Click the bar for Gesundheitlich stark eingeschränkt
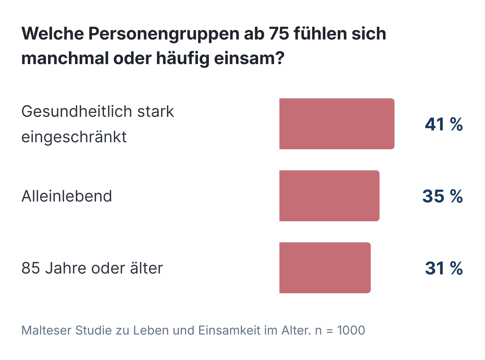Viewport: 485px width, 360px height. coord(337,124)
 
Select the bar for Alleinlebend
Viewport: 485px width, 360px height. coord(329,196)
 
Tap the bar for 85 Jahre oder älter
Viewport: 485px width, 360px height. coord(325,268)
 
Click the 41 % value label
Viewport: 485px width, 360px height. coord(444,124)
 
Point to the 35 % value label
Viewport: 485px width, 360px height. coord(442,196)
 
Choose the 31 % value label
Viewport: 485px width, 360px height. coord(444,268)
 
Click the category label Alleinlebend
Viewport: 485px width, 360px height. coord(67,196)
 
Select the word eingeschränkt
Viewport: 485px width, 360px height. coord(74,137)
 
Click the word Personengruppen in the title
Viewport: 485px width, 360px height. coord(164,34)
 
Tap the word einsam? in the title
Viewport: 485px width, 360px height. coord(249,58)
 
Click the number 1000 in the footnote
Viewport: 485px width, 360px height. coord(351,330)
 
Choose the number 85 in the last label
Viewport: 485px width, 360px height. coord(30,268)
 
